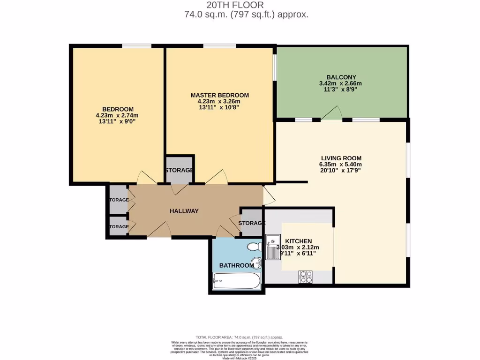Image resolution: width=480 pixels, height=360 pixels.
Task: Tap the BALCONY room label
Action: (x=341, y=77)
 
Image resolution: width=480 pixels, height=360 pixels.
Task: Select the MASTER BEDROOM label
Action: (x=219, y=95)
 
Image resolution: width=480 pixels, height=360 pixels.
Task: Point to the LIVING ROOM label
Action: (x=341, y=158)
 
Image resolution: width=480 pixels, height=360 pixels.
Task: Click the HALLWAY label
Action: (x=184, y=211)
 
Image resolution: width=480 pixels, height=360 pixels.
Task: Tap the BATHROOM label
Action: (x=237, y=265)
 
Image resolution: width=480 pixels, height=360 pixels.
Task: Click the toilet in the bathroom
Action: (x=254, y=247)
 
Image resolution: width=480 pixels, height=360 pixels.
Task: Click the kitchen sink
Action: (x=272, y=247)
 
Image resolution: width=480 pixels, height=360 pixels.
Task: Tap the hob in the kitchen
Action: (x=306, y=277)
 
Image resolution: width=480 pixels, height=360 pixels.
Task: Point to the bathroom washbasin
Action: (x=255, y=262)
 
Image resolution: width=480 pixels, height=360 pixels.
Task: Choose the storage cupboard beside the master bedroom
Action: (x=179, y=169)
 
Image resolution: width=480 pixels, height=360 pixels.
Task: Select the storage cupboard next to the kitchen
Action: (x=252, y=223)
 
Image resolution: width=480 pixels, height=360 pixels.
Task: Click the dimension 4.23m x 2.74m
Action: (x=117, y=115)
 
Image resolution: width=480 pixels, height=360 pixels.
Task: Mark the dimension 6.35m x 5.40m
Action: (x=341, y=165)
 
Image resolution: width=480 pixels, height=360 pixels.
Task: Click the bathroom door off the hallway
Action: (x=225, y=231)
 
